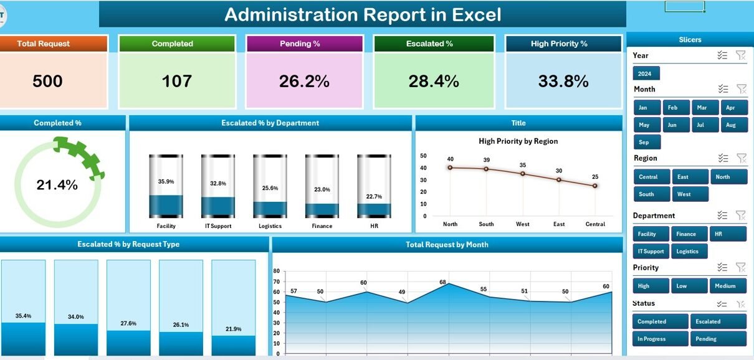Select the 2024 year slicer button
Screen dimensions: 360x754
tap(645, 73)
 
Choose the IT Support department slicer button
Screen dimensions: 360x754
tap(651, 252)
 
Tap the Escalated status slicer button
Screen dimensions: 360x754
tap(717, 321)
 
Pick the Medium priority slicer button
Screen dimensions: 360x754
tap(727, 286)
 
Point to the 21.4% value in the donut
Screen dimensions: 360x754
tap(57, 185)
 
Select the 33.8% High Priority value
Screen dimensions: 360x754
tap(563, 81)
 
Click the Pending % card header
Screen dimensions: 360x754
tap(304, 44)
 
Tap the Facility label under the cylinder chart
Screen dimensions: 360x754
tap(166, 226)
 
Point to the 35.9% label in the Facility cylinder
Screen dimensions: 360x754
tap(166, 181)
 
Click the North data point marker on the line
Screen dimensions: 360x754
tap(450, 167)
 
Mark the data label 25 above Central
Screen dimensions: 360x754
tap(594, 177)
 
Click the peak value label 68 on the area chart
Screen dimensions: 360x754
tap(442, 282)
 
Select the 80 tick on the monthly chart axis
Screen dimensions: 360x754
tap(277, 271)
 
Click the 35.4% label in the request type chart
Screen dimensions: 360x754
tap(23, 316)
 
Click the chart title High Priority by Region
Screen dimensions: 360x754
tap(518, 141)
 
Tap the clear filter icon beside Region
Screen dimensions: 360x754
tap(740, 158)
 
